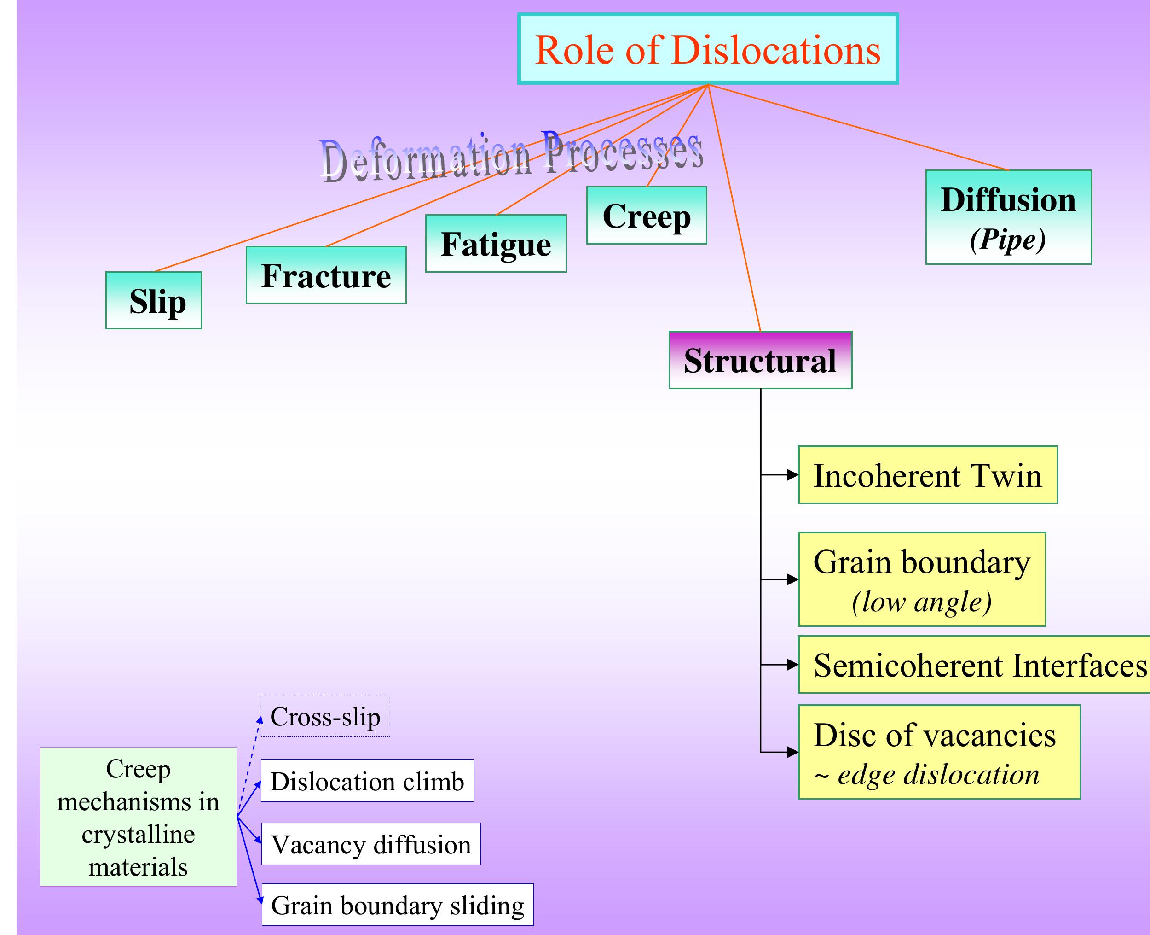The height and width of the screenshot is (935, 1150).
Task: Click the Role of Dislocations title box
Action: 708,49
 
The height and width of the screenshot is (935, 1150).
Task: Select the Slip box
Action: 154,300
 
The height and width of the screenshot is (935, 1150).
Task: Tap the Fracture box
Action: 326,275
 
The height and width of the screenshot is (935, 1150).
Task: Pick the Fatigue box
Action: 496,244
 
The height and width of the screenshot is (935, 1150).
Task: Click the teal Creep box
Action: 646,216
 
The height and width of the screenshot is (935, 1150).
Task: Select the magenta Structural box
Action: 760,360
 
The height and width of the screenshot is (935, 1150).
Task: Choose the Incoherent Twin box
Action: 927,475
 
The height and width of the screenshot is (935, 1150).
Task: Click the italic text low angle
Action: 921,602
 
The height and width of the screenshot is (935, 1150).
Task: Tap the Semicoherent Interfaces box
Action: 974,665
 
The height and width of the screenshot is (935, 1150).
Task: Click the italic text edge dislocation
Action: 937,775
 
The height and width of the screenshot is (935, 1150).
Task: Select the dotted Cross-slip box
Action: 325,716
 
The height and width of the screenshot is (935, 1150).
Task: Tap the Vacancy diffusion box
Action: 371,844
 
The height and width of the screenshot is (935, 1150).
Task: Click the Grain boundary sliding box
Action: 397,905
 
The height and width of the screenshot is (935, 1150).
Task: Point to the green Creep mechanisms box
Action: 139,817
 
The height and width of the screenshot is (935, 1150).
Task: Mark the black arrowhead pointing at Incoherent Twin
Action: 793,474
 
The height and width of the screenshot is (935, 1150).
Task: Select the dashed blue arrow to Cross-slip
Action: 249,765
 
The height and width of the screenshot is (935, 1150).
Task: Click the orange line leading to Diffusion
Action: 861,128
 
